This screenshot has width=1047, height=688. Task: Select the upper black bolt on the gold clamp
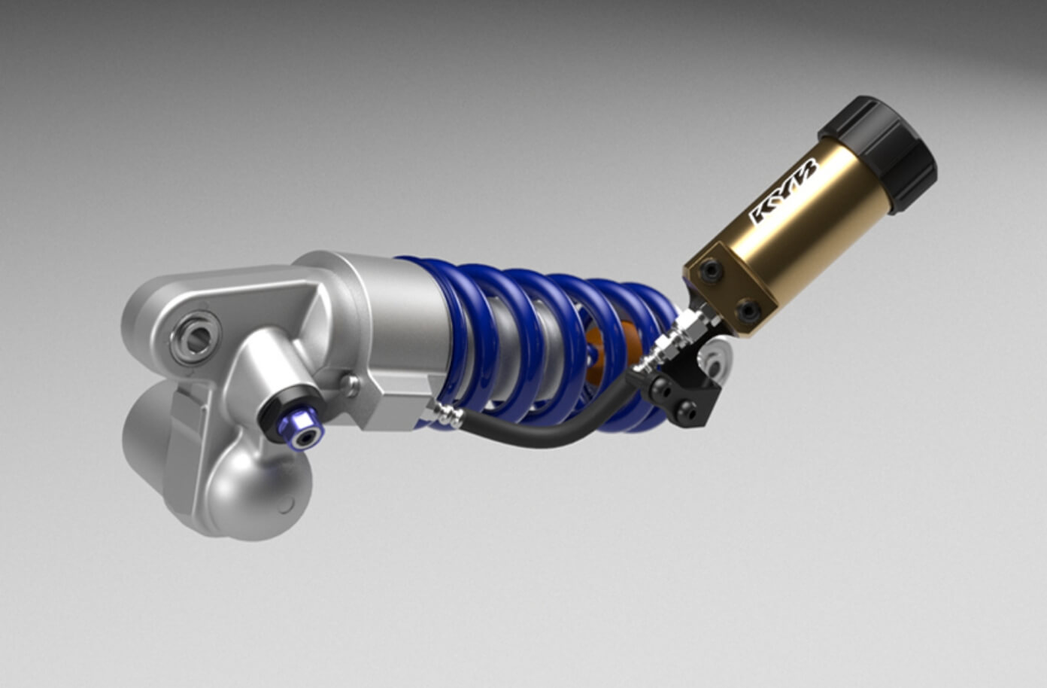pos(712,271)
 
